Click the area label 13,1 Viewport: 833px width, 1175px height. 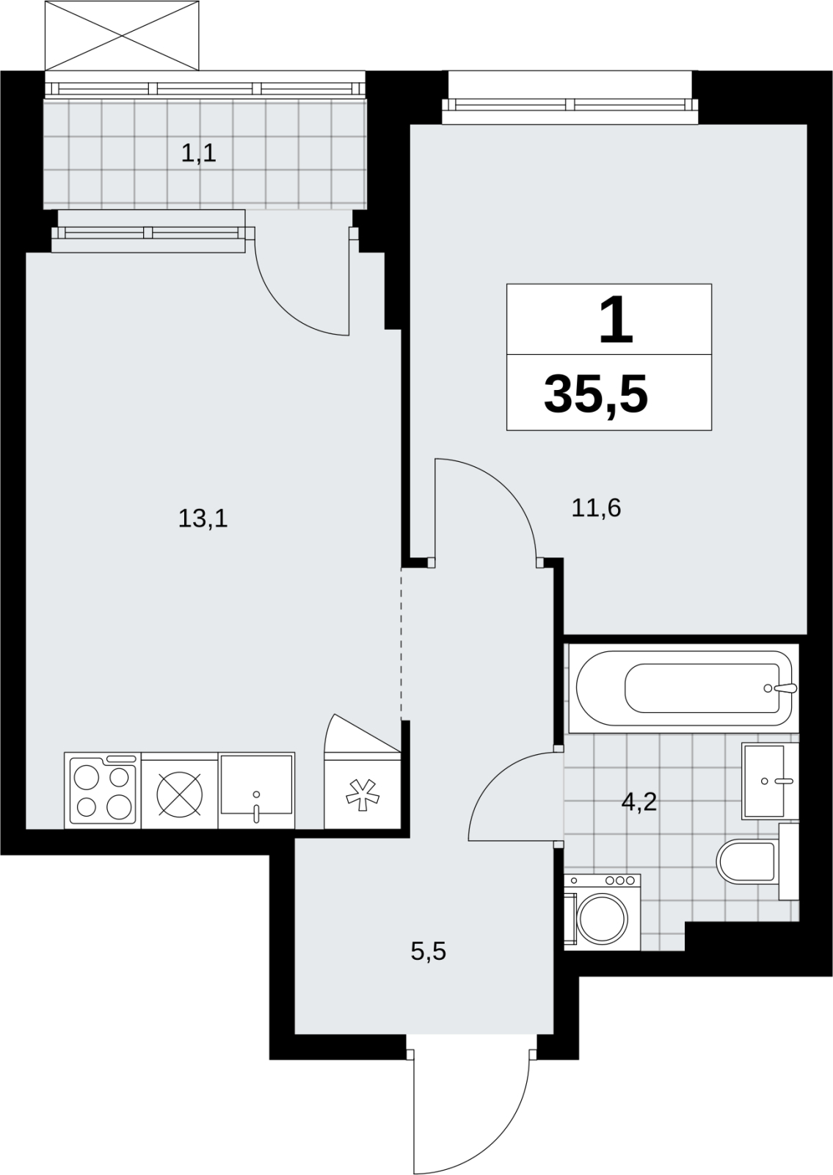(203, 518)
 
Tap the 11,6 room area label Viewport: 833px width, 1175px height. (596, 507)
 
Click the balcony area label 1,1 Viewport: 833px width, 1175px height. (199, 153)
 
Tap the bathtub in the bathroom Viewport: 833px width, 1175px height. (683, 688)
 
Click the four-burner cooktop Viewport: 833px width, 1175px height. (103, 790)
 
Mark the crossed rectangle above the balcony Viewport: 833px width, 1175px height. (122, 36)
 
